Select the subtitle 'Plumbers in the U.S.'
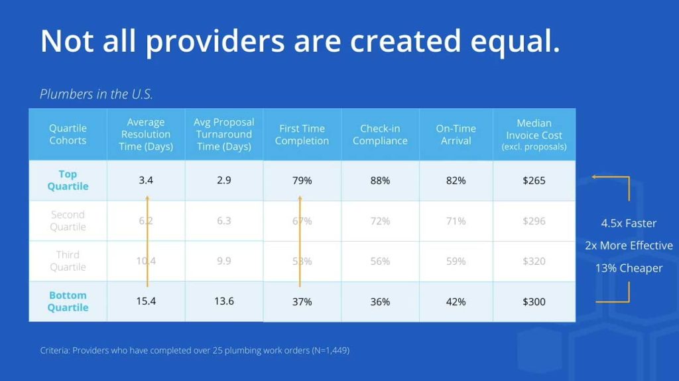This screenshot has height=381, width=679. pyautogui.click(x=96, y=94)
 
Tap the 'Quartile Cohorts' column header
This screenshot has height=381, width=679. pyautogui.click(x=68, y=134)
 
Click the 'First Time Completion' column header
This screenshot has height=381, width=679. pyautogui.click(x=302, y=134)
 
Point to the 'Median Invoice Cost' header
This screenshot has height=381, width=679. pyautogui.click(x=534, y=134)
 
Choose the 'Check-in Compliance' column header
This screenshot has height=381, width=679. pyautogui.click(x=380, y=134)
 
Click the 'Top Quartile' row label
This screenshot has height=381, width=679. pyautogui.click(x=68, y=180)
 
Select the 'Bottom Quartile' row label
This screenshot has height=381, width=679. pyautogui.click(x=68, y=301)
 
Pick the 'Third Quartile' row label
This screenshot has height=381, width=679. pyautogui.click(x=68, y=261)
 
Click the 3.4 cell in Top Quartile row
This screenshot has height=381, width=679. pyautogui.click(x=146, y=180)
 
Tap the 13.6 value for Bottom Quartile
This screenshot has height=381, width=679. pyautogui.click(x=224, y=301)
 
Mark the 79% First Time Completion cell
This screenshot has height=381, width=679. pyautogui.click(x=302, y=180)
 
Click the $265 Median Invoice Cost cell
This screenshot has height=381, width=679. pyautogui.click(x=534, y=180)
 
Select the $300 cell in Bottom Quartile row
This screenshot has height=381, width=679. pyautogui.click(x=534, y=301)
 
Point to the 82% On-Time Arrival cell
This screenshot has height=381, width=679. pyautogui.click(x=456, y=180)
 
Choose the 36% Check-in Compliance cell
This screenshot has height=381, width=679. pyautogui.click(x=380, y=301)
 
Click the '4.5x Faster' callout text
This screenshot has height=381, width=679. pyautogui.click(x=629, y=223)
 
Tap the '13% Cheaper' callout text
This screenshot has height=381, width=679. pyautogui.click(x=629, y=268)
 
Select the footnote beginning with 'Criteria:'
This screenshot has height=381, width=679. pyautogui.click(x=194, y=350)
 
